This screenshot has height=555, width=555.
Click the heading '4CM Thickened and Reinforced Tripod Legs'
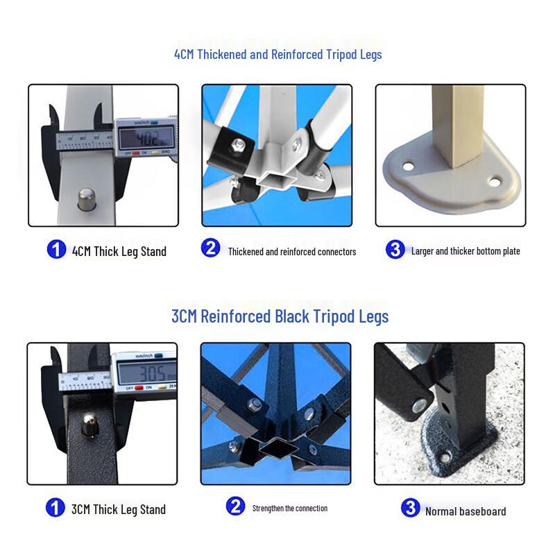tap(278, 55)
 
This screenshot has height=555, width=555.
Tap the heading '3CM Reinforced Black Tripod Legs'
tap(280, 316)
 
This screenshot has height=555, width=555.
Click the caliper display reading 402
tap(146, 138)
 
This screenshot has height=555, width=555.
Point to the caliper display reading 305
tap(147, 373)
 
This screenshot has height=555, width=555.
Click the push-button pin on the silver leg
tap(86, 199)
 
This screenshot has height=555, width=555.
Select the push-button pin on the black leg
tap(89, 425)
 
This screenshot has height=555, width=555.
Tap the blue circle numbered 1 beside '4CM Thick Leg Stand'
tap(56, 249)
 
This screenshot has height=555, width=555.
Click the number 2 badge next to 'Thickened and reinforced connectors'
tap(211, 248)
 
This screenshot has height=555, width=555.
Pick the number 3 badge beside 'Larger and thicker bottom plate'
tap(395, 249)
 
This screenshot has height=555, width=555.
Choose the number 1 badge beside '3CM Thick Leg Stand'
tap(55, 507)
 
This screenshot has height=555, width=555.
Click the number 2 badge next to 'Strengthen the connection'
tap(235, 506)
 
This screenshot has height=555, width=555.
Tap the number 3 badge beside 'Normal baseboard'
tap(411, 508)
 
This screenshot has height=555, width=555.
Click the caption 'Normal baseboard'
tap(466, 511)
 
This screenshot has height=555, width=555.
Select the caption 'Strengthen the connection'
tap(290, 509)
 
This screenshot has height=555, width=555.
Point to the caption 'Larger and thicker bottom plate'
tap(466, 251)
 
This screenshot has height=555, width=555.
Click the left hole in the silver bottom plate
tap(408, 166)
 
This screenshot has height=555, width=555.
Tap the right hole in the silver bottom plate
tap(494, 182)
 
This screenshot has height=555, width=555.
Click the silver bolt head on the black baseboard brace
tap(419, 405)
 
